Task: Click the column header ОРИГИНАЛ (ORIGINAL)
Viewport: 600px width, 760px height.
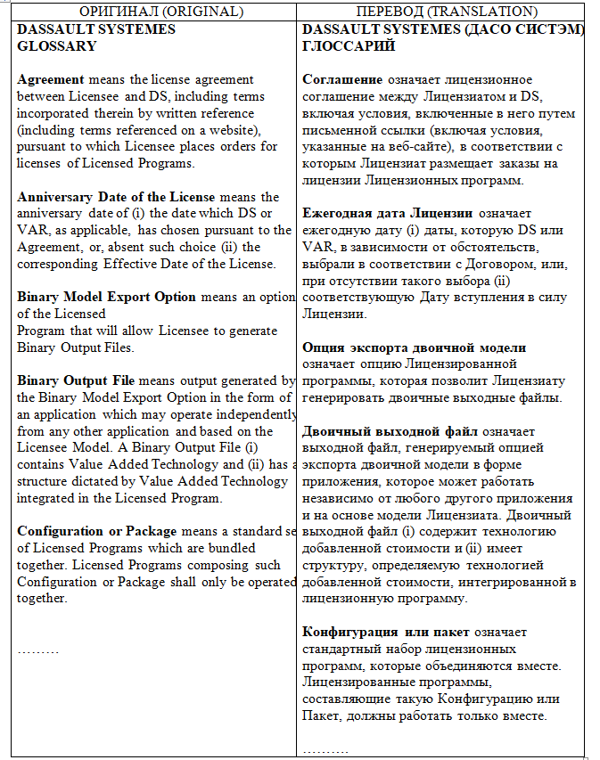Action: point(148,12)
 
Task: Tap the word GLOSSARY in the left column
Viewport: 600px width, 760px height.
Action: point(56,45)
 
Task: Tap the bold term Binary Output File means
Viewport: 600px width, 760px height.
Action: point(80,380)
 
